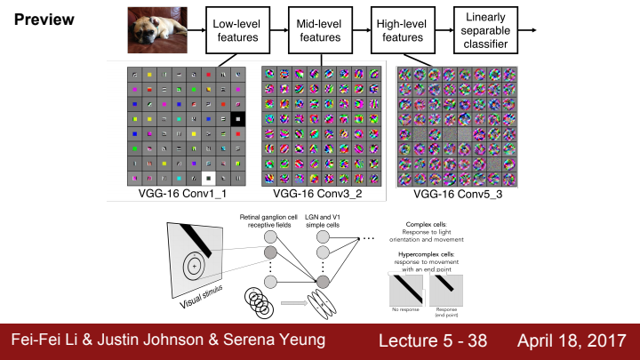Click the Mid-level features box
point(319,30)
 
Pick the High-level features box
point(404,30)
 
